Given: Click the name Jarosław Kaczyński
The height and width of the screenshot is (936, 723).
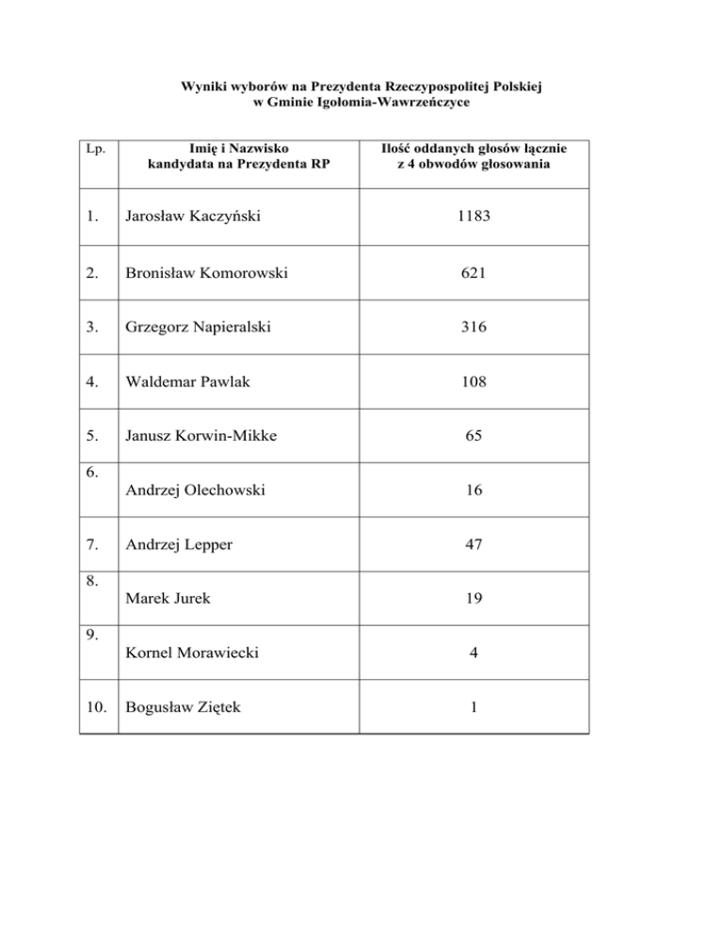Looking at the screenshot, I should tap(187, 217).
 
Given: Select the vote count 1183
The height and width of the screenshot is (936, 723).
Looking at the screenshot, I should tap(474, 217).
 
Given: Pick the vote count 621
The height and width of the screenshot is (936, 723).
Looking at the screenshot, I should tap(474, 274).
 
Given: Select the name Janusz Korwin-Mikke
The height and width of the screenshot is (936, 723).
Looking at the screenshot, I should tap(195, 436).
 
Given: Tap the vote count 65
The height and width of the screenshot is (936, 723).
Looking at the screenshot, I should tap(474, 436).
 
